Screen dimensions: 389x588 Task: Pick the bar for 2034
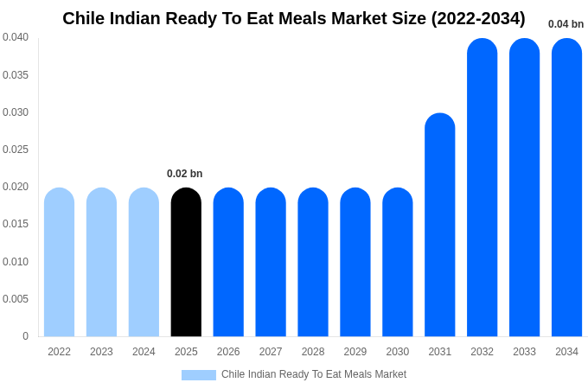click(566, 188)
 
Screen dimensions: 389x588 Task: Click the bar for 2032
click(482, 188)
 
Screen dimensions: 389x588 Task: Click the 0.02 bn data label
click(184, 174)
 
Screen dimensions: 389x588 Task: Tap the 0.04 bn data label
click(566, 24)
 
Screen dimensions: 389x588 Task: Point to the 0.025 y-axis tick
click(15, 150)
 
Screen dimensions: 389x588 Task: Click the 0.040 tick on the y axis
click(15, 37)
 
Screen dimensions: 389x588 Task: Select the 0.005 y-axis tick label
click(15, 299)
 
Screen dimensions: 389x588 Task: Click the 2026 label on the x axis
click(228, 352)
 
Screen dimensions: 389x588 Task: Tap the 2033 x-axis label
click(524, 352)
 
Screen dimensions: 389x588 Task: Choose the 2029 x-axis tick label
click(355, 352)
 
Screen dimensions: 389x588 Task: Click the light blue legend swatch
click(198, 375)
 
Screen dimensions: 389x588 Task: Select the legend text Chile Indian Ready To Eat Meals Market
click(314, 374)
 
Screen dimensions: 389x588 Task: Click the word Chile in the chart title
click(84, 18)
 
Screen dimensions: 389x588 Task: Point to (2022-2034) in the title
click(477, 18)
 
